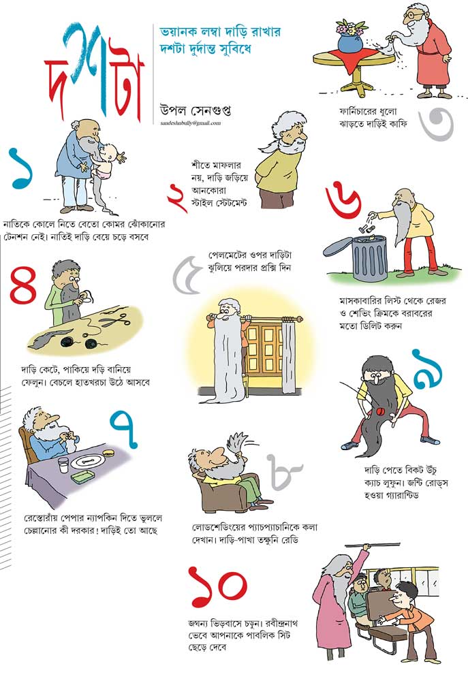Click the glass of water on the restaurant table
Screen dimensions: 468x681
coord(63,464)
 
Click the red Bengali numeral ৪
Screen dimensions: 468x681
coord(24,285)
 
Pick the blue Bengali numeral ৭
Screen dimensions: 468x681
coord(125,429)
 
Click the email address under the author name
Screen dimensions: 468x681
coord(190,123)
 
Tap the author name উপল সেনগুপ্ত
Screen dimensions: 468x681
coord(195,110)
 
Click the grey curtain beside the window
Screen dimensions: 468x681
coord(287,356)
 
